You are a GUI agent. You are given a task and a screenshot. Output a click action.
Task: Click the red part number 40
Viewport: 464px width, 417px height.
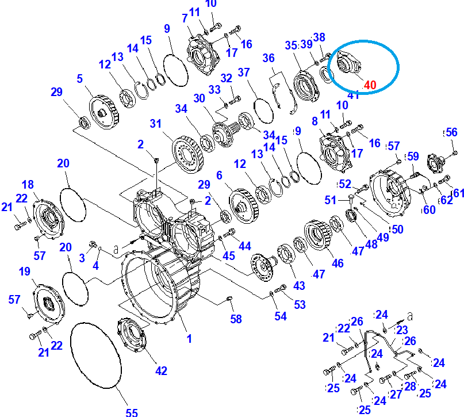(369, 85)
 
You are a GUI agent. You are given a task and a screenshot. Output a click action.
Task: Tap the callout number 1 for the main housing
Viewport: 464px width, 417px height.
(189, 339)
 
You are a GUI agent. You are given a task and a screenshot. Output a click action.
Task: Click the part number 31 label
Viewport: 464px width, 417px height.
(156, 124)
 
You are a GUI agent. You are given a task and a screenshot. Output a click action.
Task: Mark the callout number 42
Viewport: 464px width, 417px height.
(162, 371)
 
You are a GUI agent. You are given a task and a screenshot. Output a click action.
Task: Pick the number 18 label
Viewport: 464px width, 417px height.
(28, 184)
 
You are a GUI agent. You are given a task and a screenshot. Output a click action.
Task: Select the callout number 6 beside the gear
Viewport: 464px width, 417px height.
(219, 174)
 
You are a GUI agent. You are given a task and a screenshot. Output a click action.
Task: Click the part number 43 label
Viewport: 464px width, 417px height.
(299, 285)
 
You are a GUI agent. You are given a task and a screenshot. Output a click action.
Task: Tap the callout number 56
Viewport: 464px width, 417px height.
(451, 132)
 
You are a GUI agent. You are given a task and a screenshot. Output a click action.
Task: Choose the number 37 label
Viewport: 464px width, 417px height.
(244, 72)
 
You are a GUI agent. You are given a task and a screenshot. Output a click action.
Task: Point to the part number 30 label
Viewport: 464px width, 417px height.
(199, 98)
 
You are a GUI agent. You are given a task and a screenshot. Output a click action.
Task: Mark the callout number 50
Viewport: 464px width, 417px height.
(397, 229)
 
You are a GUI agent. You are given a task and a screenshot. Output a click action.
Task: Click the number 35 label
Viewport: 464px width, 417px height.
(291, 45)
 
